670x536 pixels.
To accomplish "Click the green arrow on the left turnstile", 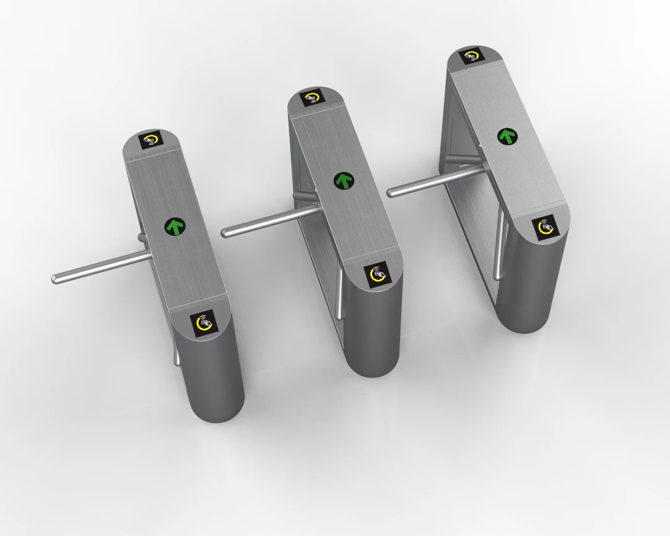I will coord(176,227).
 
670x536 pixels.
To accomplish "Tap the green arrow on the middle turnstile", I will coord(344,181).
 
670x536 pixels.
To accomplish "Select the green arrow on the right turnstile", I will coord(508,136).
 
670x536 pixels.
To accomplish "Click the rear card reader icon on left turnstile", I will coord(150,140).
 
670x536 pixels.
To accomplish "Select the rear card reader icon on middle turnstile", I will coord(312,98).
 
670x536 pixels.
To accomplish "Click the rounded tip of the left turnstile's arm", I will coord(56,279).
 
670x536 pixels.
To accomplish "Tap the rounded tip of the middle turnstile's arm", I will coord(225,233).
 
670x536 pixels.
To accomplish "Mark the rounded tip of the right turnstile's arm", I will coord(391,192).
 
